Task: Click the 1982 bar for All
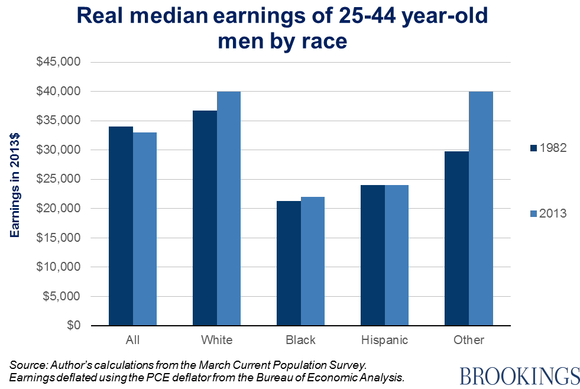[x=121, y=226]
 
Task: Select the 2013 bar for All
[x=145, y=229]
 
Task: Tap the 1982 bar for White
[x=205, y=218]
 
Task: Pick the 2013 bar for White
[x=229, y=209]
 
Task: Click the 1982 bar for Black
[x=289, y=264]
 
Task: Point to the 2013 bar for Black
[x=313, y=261]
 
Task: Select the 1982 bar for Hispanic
[x=372, y=255]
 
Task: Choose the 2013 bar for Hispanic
[x=397, y=255]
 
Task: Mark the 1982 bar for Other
[x=456, y=239]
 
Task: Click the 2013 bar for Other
[x=481, y=209]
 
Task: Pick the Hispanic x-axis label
[x=384, y=340]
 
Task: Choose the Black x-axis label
[x=300, y=340]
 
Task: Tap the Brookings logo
[x=519, y=375]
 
